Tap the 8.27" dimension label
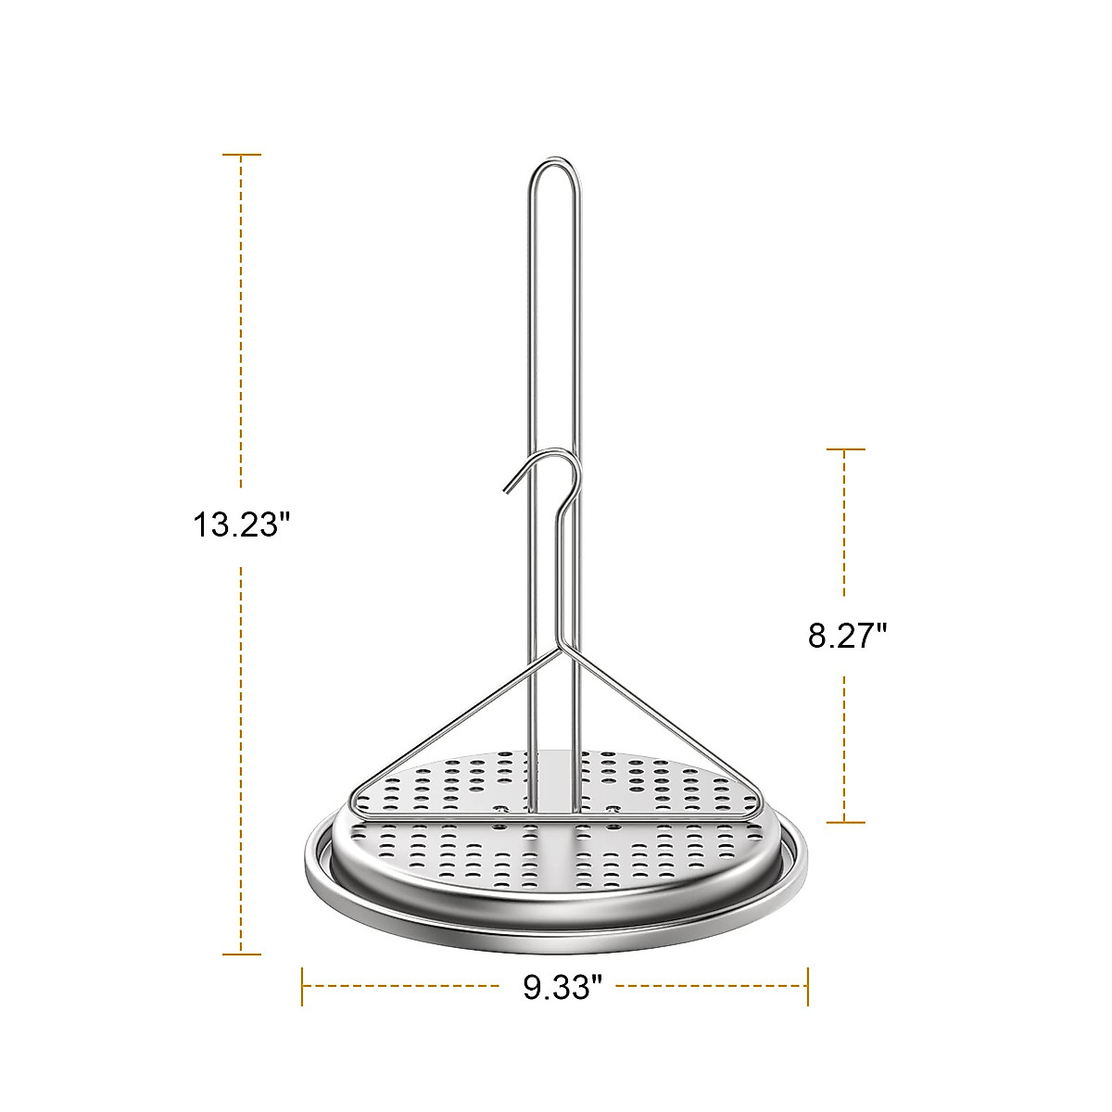(x=847, y=637)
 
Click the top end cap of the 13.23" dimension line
(x=242, y=155)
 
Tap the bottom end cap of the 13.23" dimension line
(x=242, y=954)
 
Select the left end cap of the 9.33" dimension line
(x=303, y=986)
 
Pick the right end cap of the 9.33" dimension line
(x=808, y=986)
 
